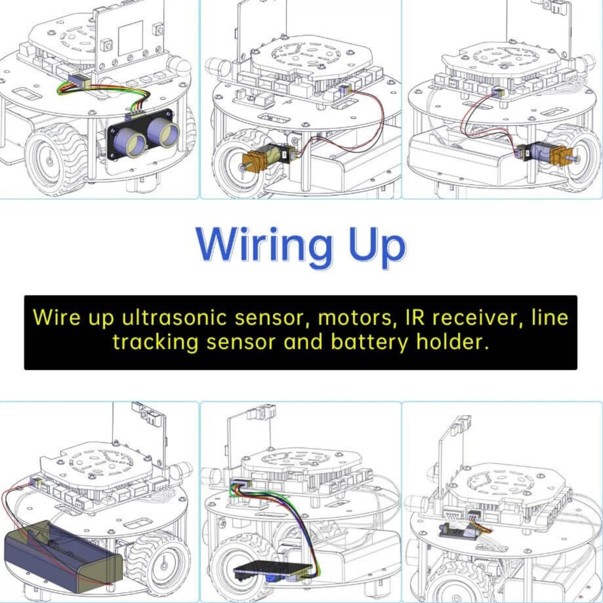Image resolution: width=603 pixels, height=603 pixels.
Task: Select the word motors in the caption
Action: pos(355,318)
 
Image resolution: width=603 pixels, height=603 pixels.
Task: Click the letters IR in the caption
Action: pos(416,318)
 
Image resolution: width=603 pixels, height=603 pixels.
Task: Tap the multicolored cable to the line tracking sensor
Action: pos(300,522)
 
